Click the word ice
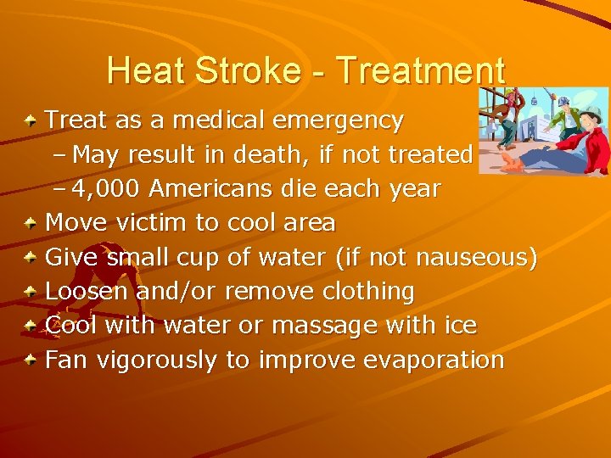coord(459,326)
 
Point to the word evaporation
coord(434,360)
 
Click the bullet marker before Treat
coord(31,121)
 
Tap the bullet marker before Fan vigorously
coord(31,360)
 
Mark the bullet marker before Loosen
coord(31,292)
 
